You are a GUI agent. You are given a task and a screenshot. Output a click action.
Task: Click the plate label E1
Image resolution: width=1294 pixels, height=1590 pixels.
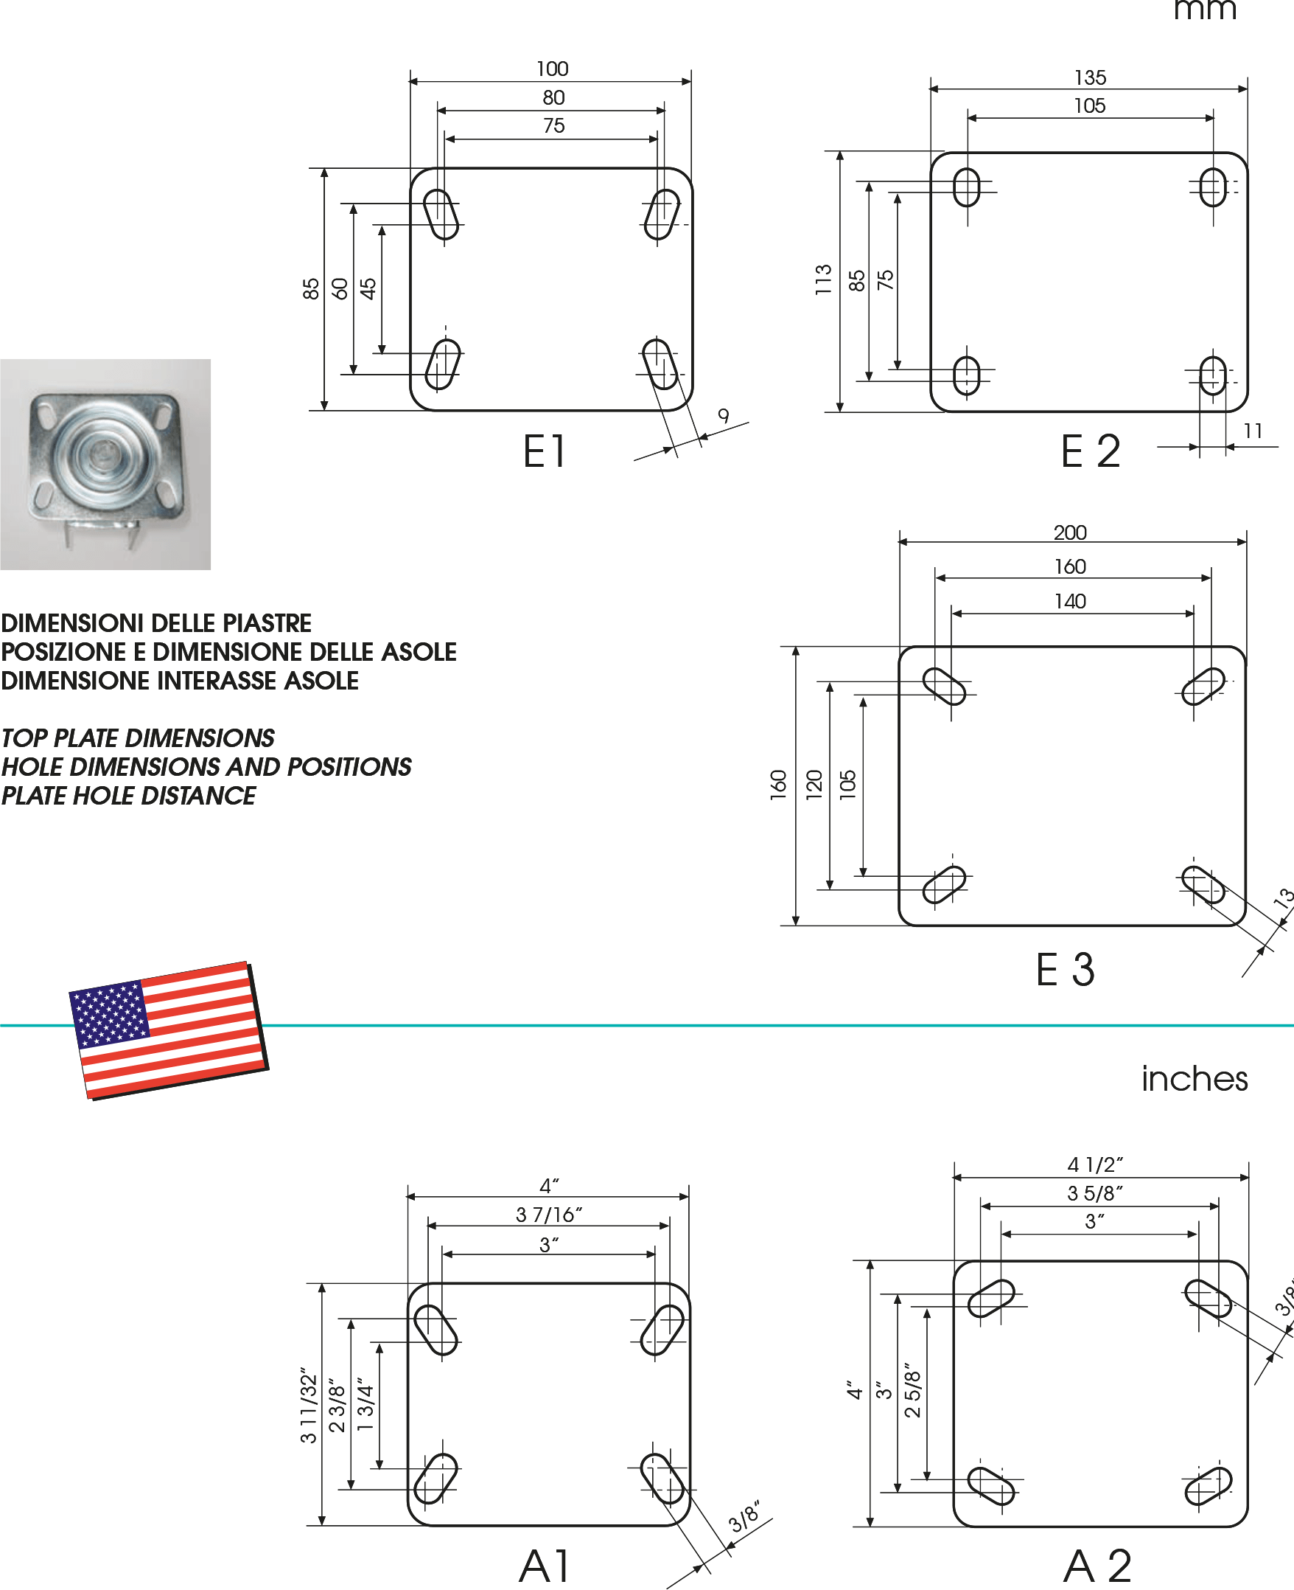pyautogui.click(x=545, y=452)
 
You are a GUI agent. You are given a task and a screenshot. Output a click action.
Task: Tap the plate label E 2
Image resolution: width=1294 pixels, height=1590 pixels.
pyautogui.click(x=1091, y=452)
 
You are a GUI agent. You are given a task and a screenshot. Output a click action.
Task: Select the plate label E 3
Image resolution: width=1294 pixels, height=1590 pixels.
pyautogui.click(x=1065, y=971)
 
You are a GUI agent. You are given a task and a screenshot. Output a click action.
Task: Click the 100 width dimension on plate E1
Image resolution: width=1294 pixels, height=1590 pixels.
pyautogui.click(x=553, y=69)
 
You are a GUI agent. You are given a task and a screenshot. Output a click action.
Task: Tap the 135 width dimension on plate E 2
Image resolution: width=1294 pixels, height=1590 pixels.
pyautogui.click(x=1090, y=77)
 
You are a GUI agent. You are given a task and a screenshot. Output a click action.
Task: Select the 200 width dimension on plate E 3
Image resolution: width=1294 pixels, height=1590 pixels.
pyautogui.click(x=1071, y=532)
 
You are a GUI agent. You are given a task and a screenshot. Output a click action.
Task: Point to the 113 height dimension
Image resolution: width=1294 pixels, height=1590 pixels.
pyautogui.click(x=823, y=280)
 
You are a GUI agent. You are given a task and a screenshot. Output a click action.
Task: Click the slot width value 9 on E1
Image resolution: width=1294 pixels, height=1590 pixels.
pyautogui.click(x=724, y=416)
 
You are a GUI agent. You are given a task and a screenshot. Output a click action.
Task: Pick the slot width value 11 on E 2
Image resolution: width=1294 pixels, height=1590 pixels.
pyautogui.click(x=1253, y=431)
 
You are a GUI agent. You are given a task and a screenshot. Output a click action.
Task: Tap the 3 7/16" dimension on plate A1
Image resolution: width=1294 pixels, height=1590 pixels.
pyautogui.click(x=548, y=1215)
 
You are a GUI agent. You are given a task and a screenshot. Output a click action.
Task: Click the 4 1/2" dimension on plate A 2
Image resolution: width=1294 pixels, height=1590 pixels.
pyautogui.click(x=1095, y=1164)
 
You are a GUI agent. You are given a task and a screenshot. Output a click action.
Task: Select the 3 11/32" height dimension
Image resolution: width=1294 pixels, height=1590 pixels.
pyautogui.click(x=309, y=1410)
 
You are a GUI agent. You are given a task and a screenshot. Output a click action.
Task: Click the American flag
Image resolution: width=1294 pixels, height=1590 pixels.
pyautogui.click(x=169, y=1030)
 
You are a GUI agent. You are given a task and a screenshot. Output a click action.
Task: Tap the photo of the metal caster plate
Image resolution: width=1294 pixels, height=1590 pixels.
pyautogui.click(x=105, y=464)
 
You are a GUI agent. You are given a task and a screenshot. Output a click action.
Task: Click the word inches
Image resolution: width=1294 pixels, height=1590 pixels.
pyautogui.click(x=1194, y=1079)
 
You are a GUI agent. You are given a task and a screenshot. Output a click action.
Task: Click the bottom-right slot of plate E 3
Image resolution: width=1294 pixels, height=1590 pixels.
pyautogui.click(x=1203, y=884)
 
